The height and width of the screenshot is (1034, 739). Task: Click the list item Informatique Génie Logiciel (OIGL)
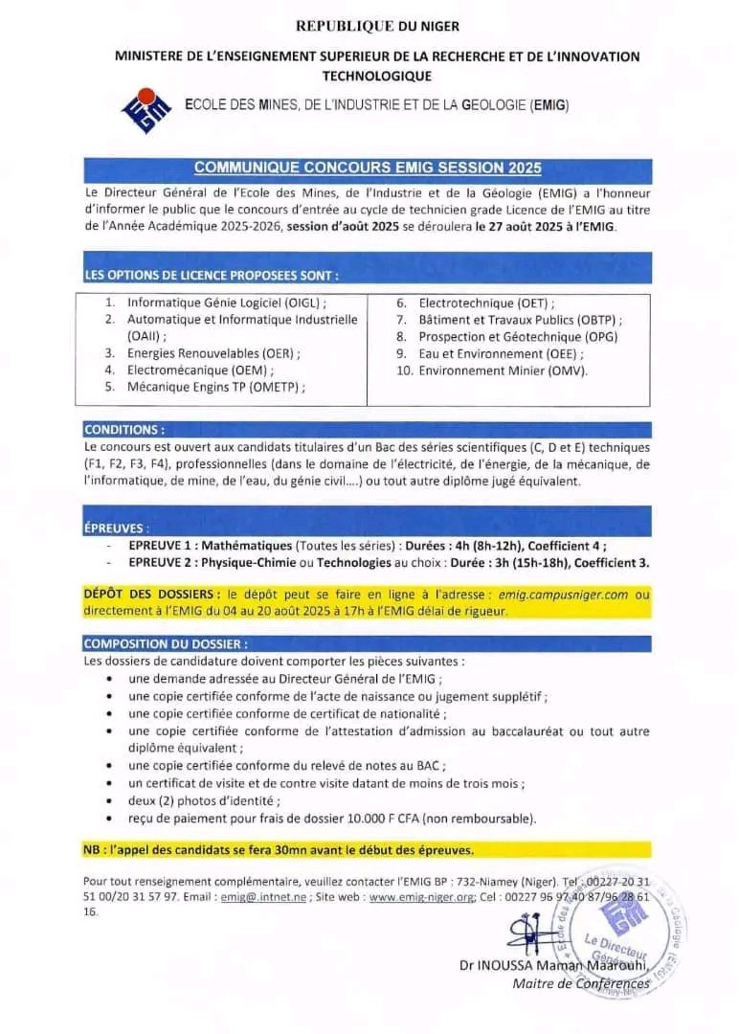click(x=234, y=303)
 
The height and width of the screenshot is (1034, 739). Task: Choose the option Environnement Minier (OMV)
click(x=503, y=371)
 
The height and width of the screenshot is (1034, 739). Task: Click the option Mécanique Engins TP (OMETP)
click(x=216, y=387)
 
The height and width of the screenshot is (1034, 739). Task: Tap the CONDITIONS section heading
click(x=124, y=430)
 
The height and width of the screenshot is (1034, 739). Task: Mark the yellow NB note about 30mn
click(x=278, y=849)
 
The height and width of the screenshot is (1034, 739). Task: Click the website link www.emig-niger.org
click(x=422, y=897)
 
